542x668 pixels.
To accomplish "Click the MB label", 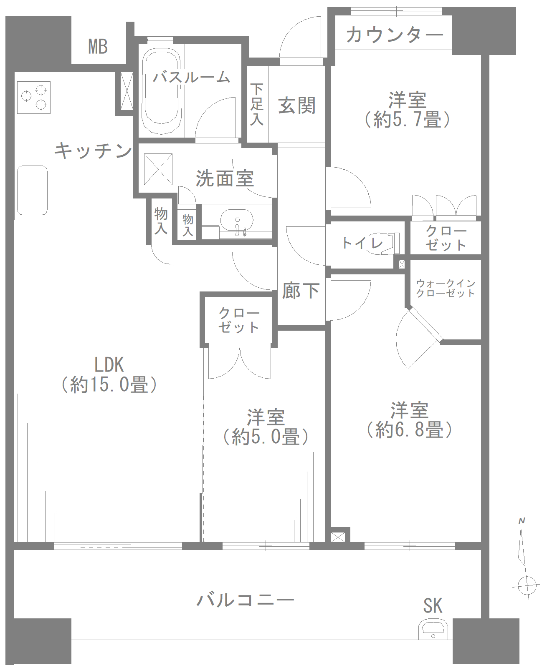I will pos(98,46).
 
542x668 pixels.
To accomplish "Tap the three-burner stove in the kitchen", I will pos(34,97).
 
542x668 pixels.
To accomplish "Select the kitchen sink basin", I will pos(32,190).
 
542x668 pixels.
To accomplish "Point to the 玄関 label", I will pos(297,105).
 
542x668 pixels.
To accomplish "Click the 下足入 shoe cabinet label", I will pos(257,104).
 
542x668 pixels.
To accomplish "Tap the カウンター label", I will pos(394,34).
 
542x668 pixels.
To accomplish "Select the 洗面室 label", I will pos(225,178).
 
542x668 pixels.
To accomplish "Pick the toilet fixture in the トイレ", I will pos(390,243).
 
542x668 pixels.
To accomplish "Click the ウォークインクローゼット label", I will pos(446,288).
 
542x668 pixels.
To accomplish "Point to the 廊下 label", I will pos(301,291).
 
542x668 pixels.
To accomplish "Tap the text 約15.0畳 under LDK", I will pos(109,384).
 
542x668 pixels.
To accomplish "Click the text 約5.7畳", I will pos(407,120).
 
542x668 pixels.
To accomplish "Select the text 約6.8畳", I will pos(409,429).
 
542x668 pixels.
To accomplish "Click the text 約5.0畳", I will pos(266,437).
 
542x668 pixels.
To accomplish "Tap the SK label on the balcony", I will pos(433,606).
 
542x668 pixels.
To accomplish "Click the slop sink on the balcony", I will pos(433,628).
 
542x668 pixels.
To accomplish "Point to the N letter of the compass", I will pos(522,521).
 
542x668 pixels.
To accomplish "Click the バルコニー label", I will pos(246,600).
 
